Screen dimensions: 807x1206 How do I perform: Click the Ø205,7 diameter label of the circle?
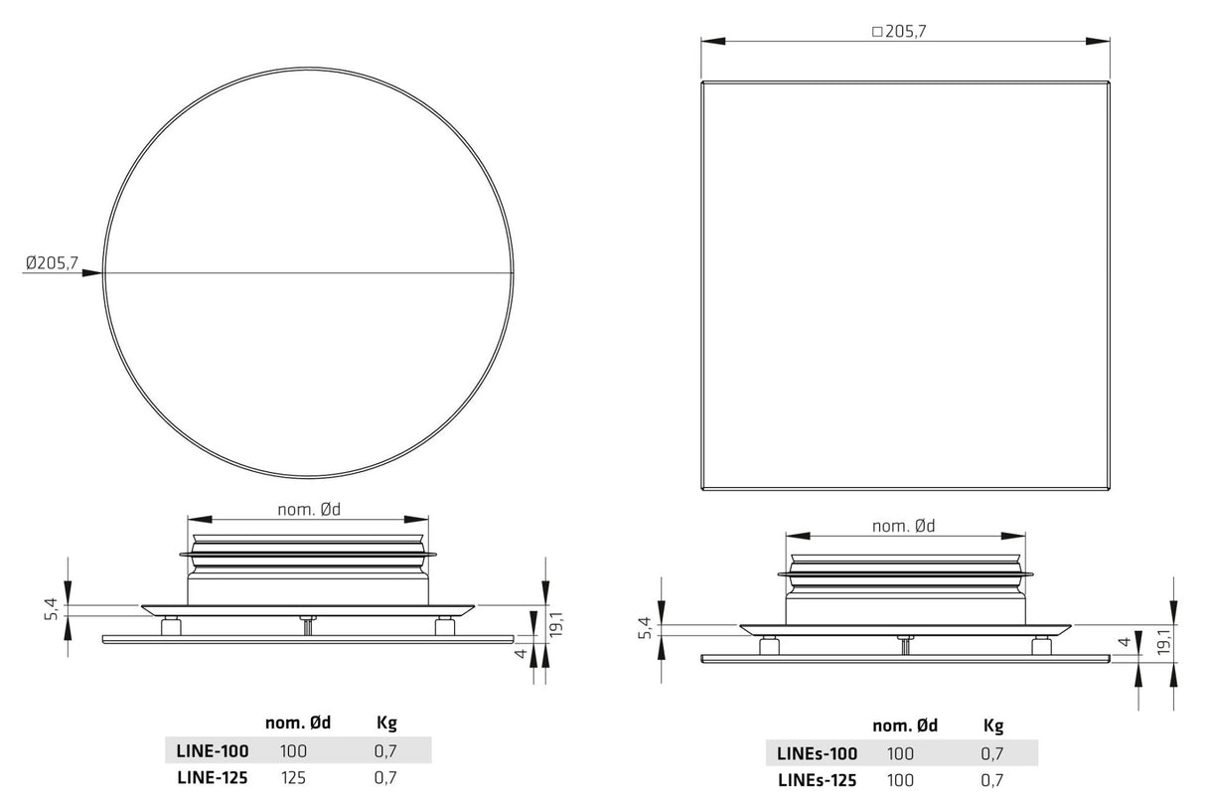pyautogui.click(x=53, y=263)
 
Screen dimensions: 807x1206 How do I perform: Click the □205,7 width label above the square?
pyautogui.click(x=899, y=32)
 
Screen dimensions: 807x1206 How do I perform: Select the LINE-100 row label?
pyautogui.click(x=213, y=751)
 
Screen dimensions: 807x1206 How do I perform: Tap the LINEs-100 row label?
pyautogui.click(x=817, y=753)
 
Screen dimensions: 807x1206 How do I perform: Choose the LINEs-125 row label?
pyautogui.click(x=817, y=781)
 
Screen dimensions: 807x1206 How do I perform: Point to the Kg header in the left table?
pyautogui.click(x=386, y=724)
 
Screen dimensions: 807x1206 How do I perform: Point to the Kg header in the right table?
pyautogui.click(x=992, y=726)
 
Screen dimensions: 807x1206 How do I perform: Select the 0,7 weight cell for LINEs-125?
pyautogui.click(x=992, y=781)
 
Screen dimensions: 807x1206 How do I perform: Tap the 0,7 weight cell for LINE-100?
pyautogui.click(x=385, y=751)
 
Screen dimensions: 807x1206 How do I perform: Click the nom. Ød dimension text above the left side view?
pyautogui.click(x=309, y=510)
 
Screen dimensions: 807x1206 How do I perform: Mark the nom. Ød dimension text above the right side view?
pyautogui.click(x=903, y=526)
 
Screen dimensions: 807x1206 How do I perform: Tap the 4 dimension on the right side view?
pyautogui.click(x=1124, y=643)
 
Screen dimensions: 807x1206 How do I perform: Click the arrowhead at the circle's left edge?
pyautogui.click(x=94, y=272)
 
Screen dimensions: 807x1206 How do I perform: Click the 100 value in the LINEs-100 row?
pyautogui.click(x=900, y=753)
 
